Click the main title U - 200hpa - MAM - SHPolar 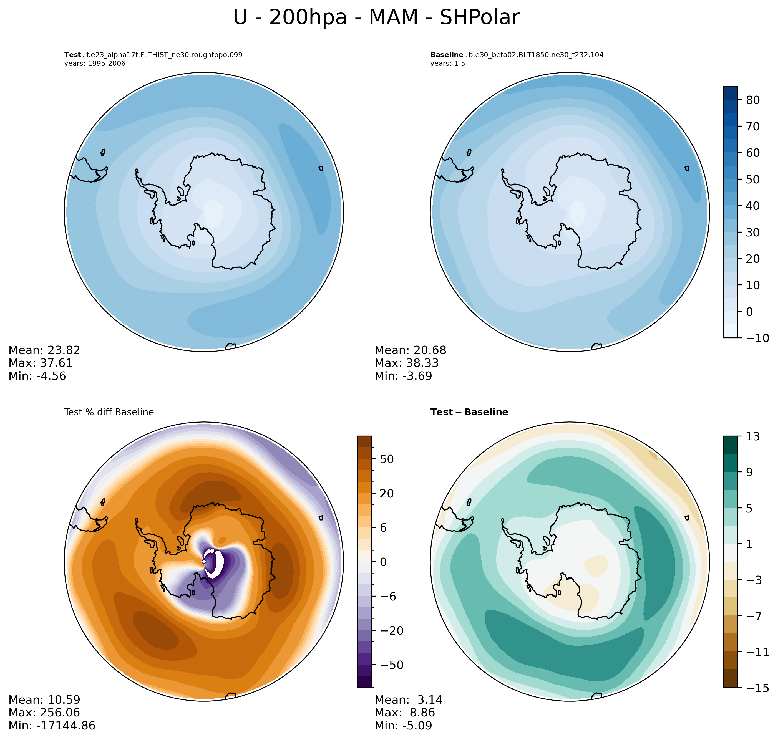(x=376, y=18)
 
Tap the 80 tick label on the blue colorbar (x=753, y=100)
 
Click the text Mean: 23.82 (x=44, y=350)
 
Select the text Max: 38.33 (x=406, y=363)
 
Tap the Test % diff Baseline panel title (x=109, y=412)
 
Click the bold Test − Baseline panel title (x=469, y=412)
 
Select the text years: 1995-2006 (x=95, y=64)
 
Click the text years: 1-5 (x=447, y=64)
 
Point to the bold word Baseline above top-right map (x=447, y=55)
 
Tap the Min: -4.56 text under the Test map (x=37, y=376)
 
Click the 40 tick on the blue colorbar (x=753, y=206)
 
